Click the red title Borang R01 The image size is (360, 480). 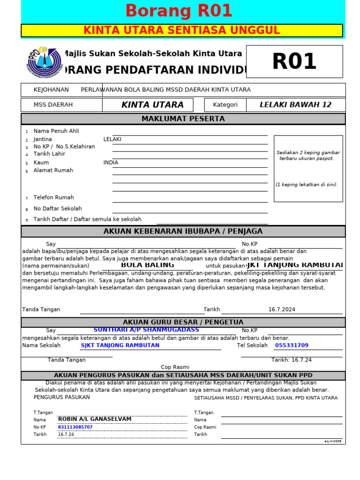[x=179, y=11]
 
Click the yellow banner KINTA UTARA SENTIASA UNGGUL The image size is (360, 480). [x=181, y=31]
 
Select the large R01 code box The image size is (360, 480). [x=294, y=61]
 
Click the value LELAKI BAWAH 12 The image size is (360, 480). [x=295, y=105]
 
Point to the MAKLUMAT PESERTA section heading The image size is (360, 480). [x=183, y=119]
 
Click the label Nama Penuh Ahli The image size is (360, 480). [x=56, y=131]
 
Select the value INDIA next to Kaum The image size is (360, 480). [x=111, y=163]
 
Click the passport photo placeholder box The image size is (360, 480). [x=308, y=169]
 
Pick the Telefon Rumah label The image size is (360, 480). [x=53, y=198]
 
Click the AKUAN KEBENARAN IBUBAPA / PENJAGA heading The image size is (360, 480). [x=183, y=232]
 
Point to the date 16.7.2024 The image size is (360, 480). [x=282, y=310]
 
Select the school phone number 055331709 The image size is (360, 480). [x=292, y=345]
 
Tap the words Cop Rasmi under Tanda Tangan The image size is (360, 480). [x=175, y=367]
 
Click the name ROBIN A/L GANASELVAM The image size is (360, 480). [x=95, y=419]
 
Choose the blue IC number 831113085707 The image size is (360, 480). [x=75, y=427]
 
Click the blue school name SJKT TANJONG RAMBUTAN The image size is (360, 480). [x=120, y=345]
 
